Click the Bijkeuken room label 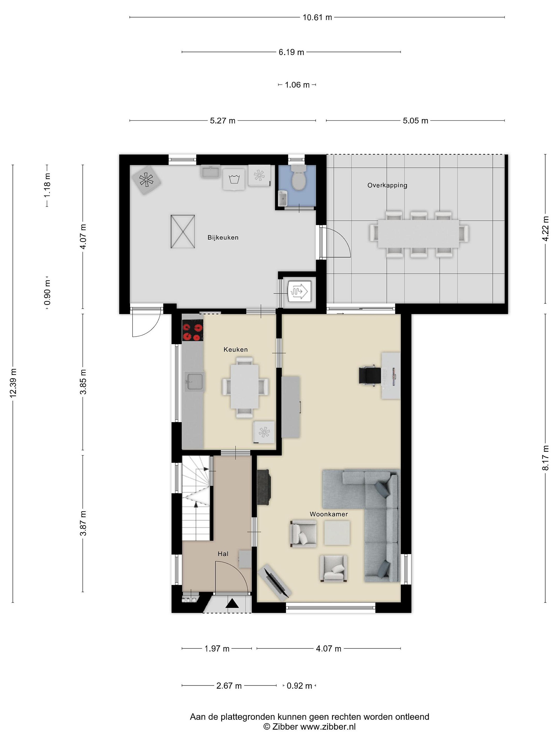pos(223,237)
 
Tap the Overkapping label pos(387,185)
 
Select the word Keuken pos(235,350)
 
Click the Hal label pos(223,554)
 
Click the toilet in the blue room pos(298,177)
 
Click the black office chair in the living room pos(370,375)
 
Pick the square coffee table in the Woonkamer pos(337,533)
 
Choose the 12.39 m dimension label pos(13,383)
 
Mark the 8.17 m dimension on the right pos(546,458)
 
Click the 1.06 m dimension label pos(297,85)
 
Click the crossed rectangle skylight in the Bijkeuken pos(183,231)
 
